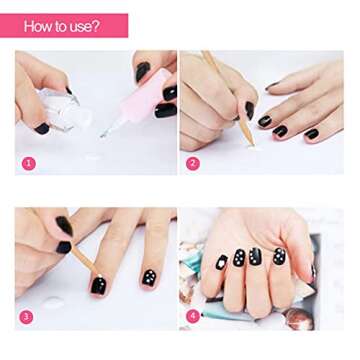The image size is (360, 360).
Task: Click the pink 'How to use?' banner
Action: point(64,25)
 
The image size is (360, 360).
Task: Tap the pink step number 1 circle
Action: point(28,162)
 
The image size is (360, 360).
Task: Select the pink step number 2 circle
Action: point(193,163)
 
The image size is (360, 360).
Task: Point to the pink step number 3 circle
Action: point(28,317)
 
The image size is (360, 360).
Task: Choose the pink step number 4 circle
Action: point(193,317)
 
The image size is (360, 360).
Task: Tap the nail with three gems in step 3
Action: point(148,276)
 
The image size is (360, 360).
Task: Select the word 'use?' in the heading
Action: point(82,26)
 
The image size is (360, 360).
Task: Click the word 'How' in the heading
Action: point(39,26)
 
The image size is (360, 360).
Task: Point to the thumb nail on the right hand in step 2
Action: point(248,110)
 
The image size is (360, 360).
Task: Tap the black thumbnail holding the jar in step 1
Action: point(42,128)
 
